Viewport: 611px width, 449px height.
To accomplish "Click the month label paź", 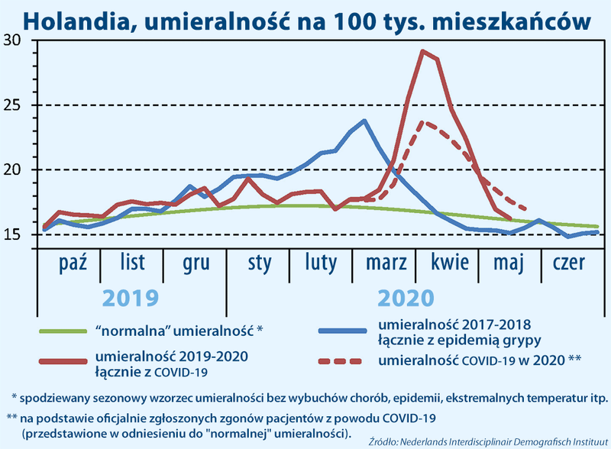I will [x=73, y=263].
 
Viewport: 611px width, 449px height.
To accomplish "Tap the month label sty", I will [x=259, y=263].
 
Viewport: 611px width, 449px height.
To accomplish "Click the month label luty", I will [x=321, y=263].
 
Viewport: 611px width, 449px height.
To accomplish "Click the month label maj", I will [x=509, y=264].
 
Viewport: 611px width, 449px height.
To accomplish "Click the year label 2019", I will [x=131, y=297].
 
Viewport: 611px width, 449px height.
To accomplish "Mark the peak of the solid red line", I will [x=423, y=51].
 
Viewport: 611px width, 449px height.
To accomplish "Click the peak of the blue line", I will [x=364, y=121].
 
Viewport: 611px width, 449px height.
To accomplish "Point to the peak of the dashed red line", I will [x=425, y=121].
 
